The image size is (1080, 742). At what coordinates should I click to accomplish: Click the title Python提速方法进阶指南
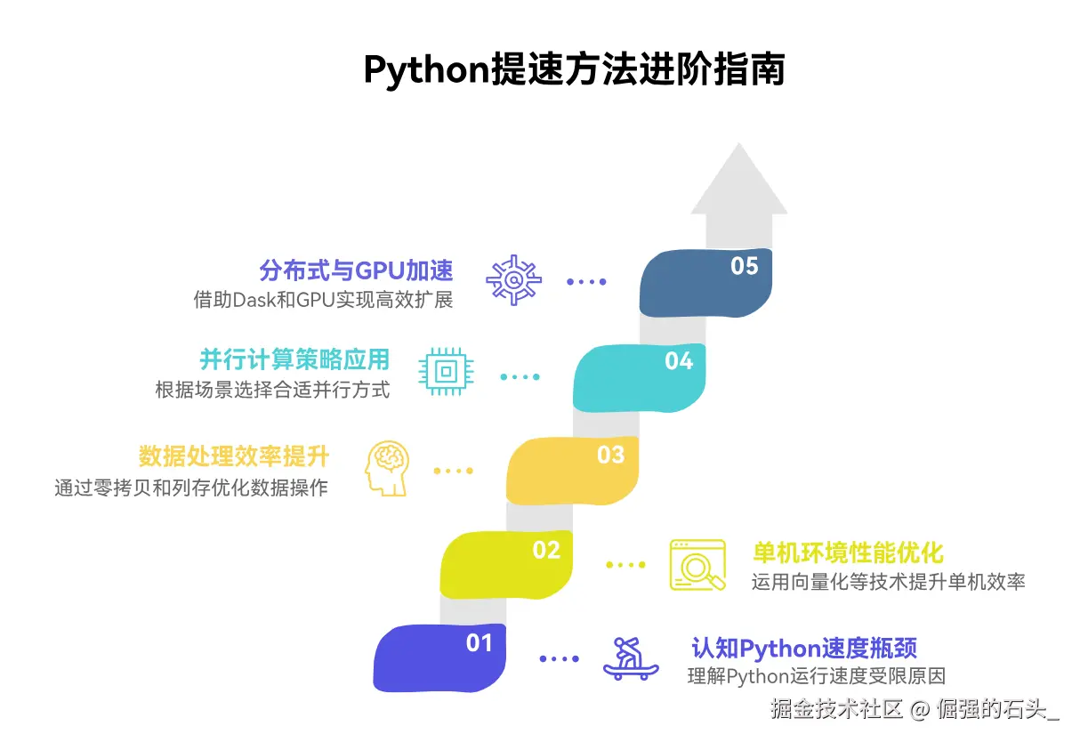[574, 70]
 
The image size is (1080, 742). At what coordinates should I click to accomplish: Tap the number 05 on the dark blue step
[745, 266]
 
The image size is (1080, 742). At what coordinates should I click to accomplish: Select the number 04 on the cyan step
[679, 360]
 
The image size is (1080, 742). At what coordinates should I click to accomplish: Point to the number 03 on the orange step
[611, 455]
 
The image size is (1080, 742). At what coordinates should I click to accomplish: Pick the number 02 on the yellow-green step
[546, 550]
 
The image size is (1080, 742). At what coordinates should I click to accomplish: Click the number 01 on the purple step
[480, 643]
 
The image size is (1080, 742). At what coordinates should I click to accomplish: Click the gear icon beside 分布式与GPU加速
[513, 280]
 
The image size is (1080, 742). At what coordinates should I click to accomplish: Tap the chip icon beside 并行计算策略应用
[446, 372]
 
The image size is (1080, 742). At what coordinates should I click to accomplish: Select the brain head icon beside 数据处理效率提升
[387, 468]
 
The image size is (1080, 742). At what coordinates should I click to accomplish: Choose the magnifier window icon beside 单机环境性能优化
[697, 565]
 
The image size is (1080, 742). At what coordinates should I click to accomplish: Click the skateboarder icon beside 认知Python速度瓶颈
[631, 658]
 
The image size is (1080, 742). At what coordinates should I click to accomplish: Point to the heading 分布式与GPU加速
[357, 270]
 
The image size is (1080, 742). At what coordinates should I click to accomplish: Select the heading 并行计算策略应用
[294, 359]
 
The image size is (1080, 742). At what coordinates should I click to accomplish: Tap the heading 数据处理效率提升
[234, 456]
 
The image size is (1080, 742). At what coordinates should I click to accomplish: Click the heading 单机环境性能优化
[848, 552]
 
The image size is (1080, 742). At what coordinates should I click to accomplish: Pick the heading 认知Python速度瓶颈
[804, 648]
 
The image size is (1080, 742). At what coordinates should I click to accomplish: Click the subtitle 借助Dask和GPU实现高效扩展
[323, 300]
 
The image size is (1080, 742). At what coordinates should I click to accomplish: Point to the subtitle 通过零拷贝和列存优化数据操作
[191, 488]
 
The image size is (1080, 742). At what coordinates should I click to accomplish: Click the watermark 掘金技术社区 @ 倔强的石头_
[915, 709]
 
